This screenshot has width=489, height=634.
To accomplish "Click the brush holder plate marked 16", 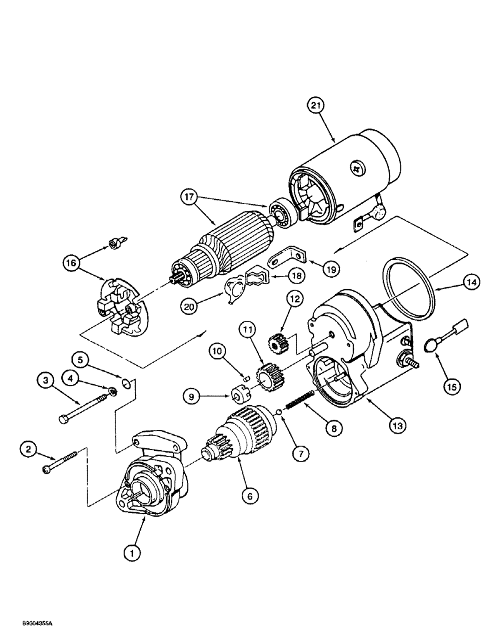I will coord(121,307).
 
